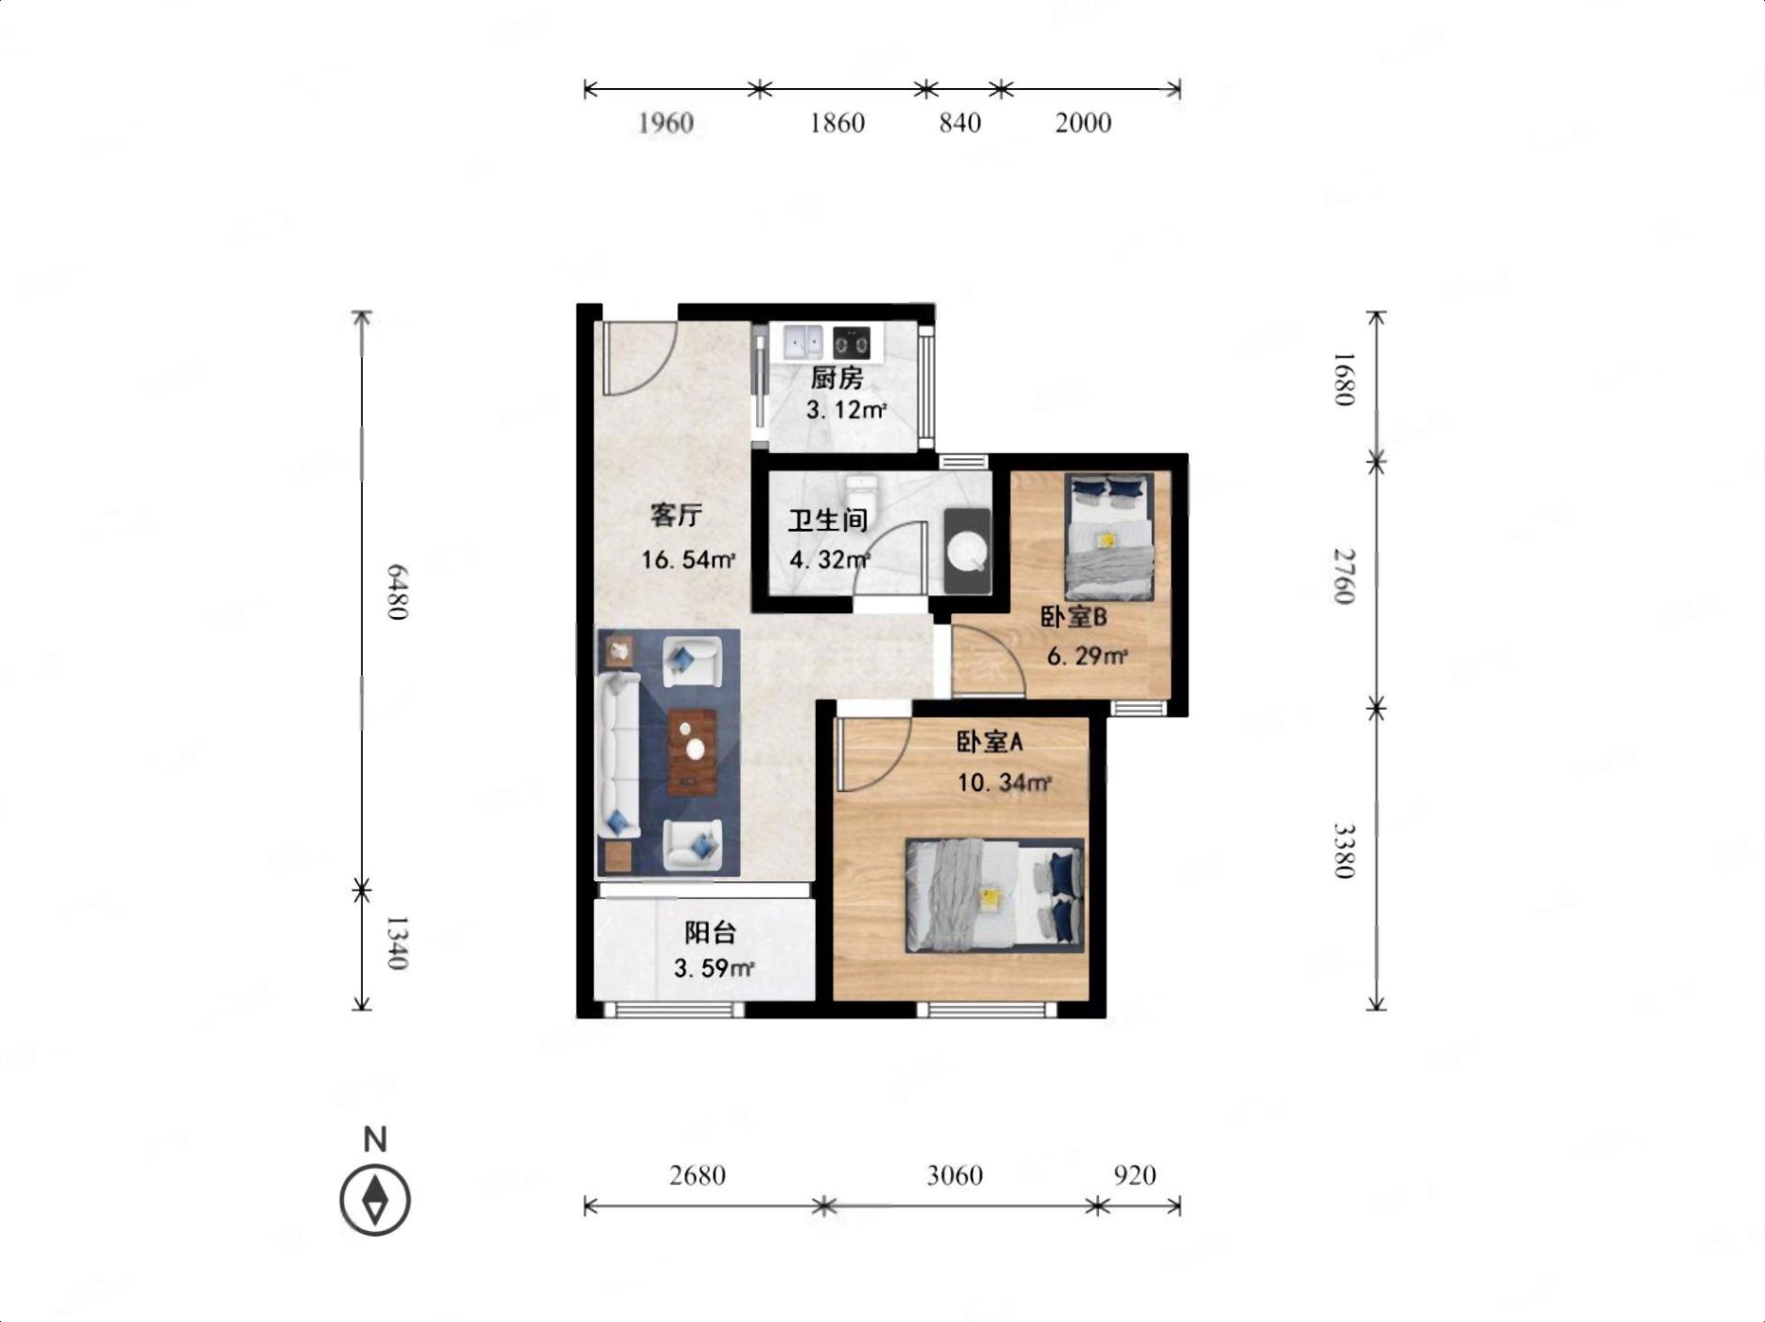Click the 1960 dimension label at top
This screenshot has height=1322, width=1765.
coord(666,123)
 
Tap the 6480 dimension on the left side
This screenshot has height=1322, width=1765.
coord(397,592)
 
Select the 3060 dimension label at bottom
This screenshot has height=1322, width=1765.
coord(955,1175)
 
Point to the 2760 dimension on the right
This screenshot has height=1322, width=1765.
coord(1345,577)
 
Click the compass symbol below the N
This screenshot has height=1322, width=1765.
coord(375,1200)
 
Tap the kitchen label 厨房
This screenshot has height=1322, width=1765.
coord(837,378)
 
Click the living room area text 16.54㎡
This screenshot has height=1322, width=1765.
coord(687,561)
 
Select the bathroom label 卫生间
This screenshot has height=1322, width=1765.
coord(827,519)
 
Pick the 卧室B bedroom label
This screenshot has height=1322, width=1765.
coord(1074,617)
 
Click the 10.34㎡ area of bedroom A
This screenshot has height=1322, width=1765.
coord(1003,782)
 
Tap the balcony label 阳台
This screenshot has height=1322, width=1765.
coord(710,933)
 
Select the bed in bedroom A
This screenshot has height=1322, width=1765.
coord(994,895)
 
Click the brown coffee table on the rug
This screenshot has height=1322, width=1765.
coord(692,752)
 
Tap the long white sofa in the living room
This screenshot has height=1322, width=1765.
coord(619,755)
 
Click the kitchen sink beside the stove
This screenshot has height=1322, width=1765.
coord(803,341)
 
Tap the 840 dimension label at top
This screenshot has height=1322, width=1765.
coord(960,123)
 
